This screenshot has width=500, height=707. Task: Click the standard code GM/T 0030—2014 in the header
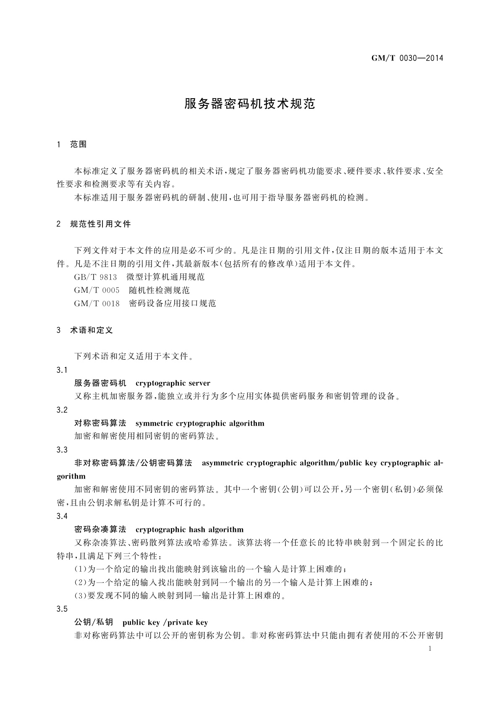[407, 58]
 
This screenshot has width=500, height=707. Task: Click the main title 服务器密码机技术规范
[250, 104]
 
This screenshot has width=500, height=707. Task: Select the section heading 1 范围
[72, 144]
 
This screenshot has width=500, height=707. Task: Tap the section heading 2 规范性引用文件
[94, 224]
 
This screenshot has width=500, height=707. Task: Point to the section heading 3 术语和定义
[85, 330]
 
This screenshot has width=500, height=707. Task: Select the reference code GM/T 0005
[97, 291]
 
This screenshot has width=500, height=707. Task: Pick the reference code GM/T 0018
[97, 304]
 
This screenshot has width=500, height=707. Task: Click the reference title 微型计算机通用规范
[165, 277]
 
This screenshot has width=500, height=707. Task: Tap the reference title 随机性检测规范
[160, 291]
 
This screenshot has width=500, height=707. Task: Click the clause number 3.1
[62, 370]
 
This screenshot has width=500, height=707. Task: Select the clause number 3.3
[62, 450]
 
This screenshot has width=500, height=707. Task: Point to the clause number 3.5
[62, 609]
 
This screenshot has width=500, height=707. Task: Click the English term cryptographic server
[173, 383]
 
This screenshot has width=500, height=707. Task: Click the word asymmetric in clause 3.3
[223, 463]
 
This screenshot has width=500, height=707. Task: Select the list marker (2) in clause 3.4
[81, 583]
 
